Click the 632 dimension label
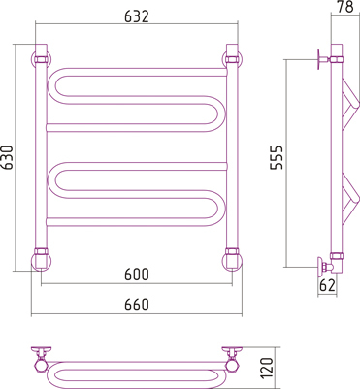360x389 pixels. [137, 16]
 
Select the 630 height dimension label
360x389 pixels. [7, 157]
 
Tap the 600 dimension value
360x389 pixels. [137, 275]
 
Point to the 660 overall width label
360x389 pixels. [137, 305]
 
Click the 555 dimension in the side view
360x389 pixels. [277, 157]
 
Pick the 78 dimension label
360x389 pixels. [345, 7]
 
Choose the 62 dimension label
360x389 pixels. [327, 285]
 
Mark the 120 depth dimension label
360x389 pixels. [267, 369]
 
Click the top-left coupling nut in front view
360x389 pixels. [41, 59]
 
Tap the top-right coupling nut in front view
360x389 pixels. [232, 59]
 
